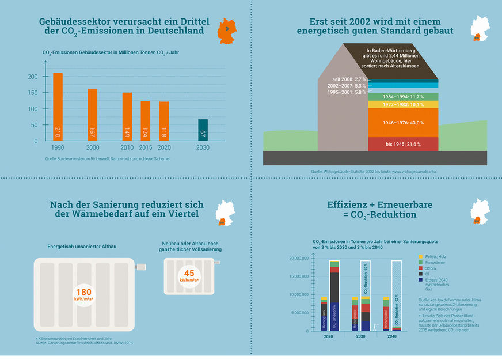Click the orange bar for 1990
tap(58, 107)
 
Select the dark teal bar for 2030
tap(203, 130)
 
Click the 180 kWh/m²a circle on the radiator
tap(83, 294)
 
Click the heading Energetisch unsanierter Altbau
tap(82, 247)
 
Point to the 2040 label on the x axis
tap(392, 336)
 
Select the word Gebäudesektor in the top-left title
tap(74, 21)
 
